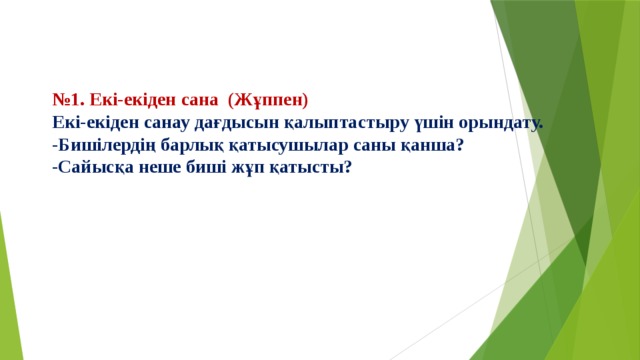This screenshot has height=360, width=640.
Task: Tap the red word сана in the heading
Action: [x=196, y=100]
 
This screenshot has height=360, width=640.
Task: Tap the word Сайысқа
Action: [x=92, y=166]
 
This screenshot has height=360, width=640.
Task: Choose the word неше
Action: [x=158, y=166]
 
